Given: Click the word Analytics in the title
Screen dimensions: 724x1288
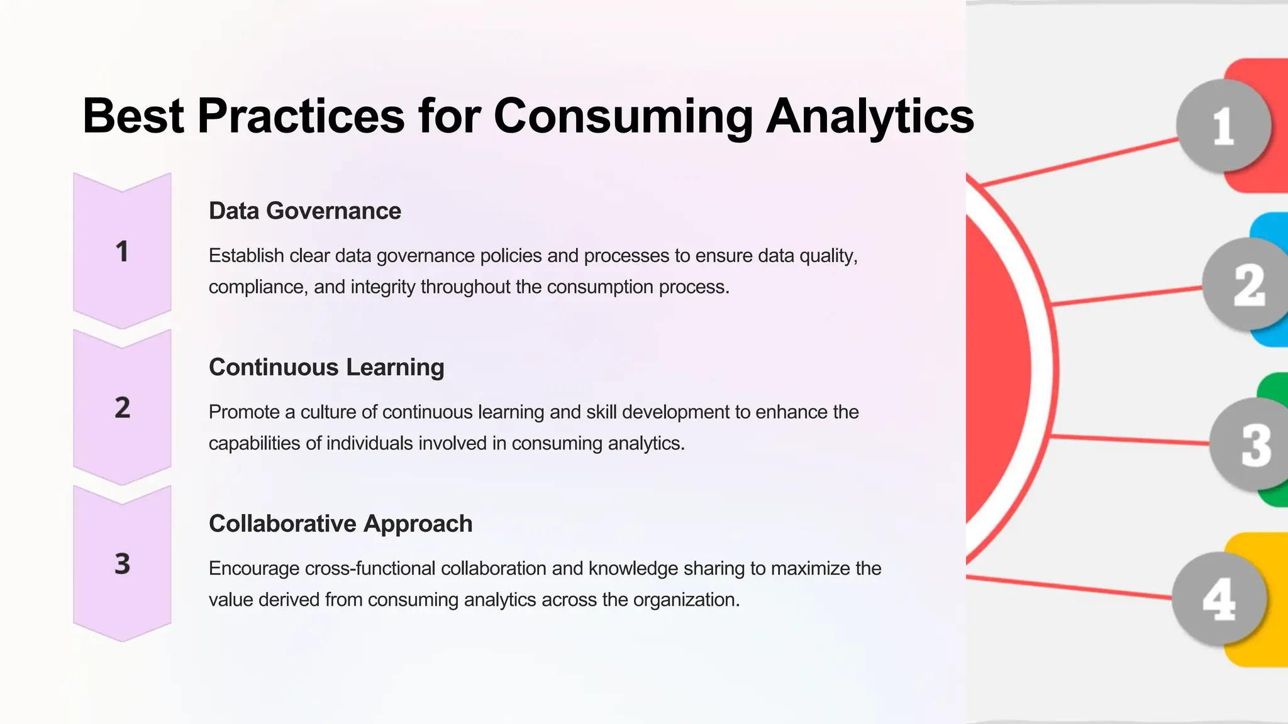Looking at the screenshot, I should tap(870, 116).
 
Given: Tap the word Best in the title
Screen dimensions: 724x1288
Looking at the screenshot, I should tap(133, 116).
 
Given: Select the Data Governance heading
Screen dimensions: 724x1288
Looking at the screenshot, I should tap(304, 211).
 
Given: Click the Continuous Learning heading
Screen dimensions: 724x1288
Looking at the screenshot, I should tap(326, 367).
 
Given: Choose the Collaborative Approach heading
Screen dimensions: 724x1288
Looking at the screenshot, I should tap(340, 524).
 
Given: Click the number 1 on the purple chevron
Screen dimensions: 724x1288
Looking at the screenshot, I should tap(122, 251).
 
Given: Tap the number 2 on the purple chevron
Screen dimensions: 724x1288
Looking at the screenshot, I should tap(122, 408).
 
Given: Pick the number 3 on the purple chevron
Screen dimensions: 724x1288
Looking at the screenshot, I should tap(122, 564).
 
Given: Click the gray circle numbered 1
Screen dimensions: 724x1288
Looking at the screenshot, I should tap(1222, 126).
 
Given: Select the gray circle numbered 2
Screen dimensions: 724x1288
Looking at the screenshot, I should tap(1246, 285).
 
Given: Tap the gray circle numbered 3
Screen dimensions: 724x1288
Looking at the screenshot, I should tap(1252, 444).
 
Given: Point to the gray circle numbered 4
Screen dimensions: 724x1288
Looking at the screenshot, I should tap(1218, 598).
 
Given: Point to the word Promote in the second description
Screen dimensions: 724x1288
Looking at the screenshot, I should tap(243, 412).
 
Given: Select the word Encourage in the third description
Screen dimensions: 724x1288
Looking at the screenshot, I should tap(254, 569).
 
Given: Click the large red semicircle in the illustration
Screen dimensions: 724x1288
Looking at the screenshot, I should tap(997, 371).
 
